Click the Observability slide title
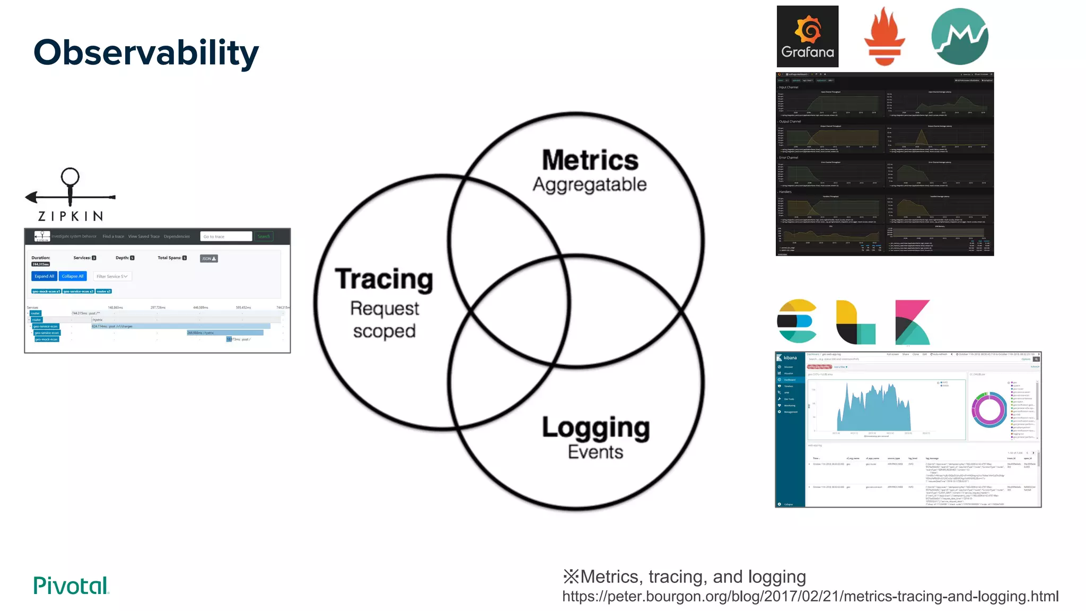[x=146, y=53]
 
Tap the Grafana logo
[x=808, y=36]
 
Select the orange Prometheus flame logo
[x=884, y=36]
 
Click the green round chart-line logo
[x=960, y=36]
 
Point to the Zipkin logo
[x=71, y=195]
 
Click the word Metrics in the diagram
[x=590, y=160]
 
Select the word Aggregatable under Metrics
[x=590, y=185]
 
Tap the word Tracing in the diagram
[x=384, y=279]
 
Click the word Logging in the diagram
[x=595, y=427]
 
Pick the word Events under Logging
[x=595, y=452]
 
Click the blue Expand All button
[x=44, y=276]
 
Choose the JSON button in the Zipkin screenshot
[x=209, y=259]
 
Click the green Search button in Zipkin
[x=264, y=237]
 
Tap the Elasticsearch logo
[x=796, y=321]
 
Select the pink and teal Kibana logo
[x=912, y=322]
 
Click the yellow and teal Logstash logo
[x=855, y=322]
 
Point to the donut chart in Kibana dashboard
[x=989, y=409]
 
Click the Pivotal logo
[x=71, y=586]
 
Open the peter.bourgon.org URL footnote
[x=810, y=596]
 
